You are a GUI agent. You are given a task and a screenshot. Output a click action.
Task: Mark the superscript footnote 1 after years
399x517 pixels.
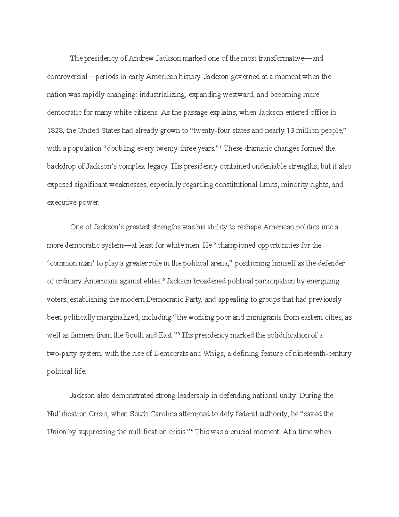coord(221,147)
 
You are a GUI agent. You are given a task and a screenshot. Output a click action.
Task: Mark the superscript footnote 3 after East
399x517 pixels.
coord(179,334)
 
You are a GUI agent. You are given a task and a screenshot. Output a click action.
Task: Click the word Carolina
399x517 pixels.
coord(161,414)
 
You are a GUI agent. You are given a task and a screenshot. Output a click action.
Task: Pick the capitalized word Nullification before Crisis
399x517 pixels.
coord(67,414)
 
